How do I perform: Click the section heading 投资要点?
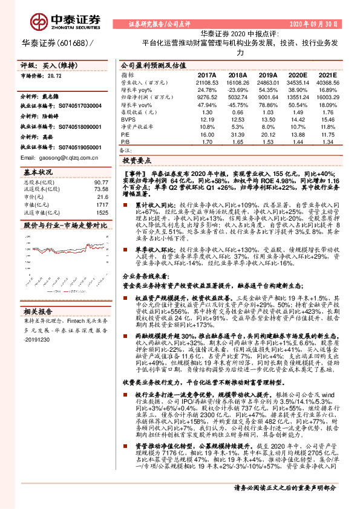[137, 162]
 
